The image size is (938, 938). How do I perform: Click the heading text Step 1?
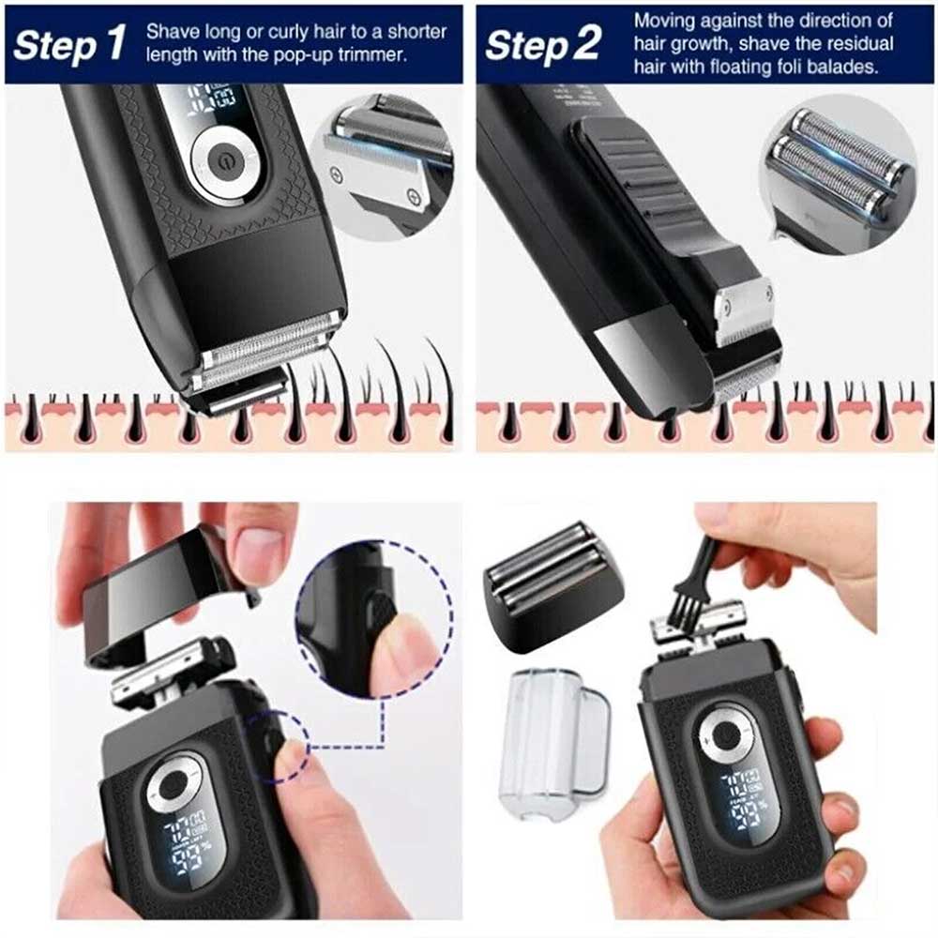[69, 44]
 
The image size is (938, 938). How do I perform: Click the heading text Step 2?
[542, 44]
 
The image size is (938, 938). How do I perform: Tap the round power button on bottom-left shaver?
[173, 784]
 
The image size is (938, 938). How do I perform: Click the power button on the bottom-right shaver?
[725, 735]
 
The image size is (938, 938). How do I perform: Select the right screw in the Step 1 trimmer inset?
[414, 195]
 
